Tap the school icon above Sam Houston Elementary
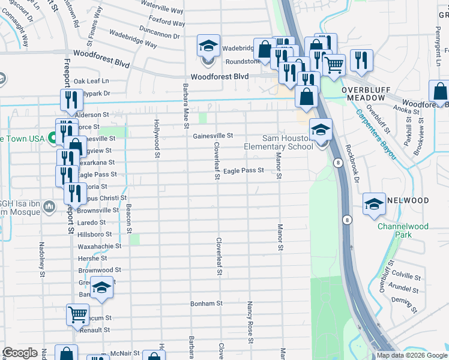(321, 130)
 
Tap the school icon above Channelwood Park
(374, 204)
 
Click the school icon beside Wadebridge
(208, 46)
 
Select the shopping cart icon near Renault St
(78, 314)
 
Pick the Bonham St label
(206, 304)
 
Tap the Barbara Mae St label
(185, 106)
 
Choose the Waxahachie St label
(100, 246)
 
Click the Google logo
(20, 353)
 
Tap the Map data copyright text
(411, 355)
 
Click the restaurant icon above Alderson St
(71, 100)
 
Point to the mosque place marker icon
(49, 208)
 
